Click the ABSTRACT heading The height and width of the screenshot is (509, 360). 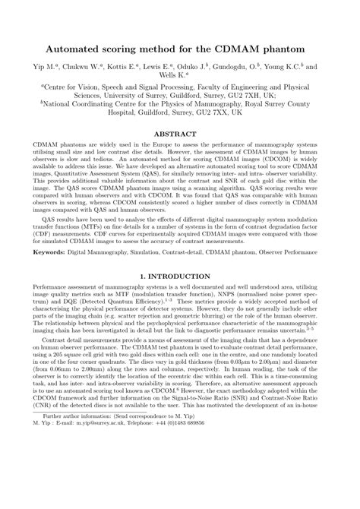pyautogui.click(x=180, y=132)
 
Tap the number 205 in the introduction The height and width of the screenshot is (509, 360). pyautogui.click(x=70, y=398)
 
